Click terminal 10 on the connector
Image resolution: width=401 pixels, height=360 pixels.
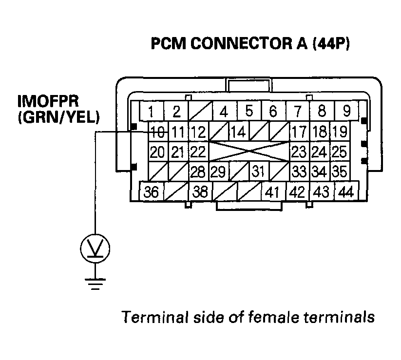coord(157,132)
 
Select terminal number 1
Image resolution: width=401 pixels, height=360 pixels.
coord(152,112)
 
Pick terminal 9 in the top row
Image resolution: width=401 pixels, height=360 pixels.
coord(346,112)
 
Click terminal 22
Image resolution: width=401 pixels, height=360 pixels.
coord(197,152)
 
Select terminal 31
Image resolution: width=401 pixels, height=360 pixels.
coord(259,171)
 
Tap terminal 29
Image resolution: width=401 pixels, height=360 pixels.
coord(219,171)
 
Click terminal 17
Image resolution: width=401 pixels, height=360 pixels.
coord(299,132)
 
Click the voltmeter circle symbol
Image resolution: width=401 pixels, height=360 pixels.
coord(95,249)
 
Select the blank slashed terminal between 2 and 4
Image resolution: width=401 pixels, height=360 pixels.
coord(200,112)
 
